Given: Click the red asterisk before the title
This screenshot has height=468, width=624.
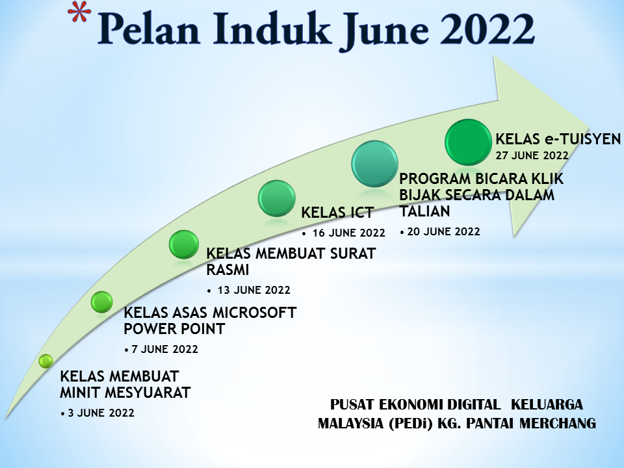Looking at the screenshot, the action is (79, 14).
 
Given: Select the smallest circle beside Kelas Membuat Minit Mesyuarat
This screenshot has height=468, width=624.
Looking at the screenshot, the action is (45, 361).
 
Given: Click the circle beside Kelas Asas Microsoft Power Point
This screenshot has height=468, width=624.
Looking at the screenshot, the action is (102, 302).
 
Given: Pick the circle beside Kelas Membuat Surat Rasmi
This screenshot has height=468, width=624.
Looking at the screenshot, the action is (184, 244).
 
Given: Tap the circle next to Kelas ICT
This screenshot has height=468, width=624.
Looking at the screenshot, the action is (277, 198).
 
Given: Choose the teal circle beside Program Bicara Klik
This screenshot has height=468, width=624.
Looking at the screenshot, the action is (374, 164).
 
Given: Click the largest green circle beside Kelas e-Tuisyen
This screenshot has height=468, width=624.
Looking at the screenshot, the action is (469, 142).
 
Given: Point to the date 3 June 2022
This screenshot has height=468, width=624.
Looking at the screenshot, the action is (101, 413).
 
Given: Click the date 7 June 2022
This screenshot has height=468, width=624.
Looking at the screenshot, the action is (164, 349).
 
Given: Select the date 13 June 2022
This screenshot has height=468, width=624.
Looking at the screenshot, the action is (254, 290).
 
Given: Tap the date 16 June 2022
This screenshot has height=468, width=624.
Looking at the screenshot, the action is (348, 233).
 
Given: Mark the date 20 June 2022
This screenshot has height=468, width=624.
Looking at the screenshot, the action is (444, 231).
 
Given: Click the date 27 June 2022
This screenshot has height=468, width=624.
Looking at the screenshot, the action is (532, 155).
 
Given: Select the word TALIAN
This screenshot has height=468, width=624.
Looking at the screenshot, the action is (424, 211).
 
